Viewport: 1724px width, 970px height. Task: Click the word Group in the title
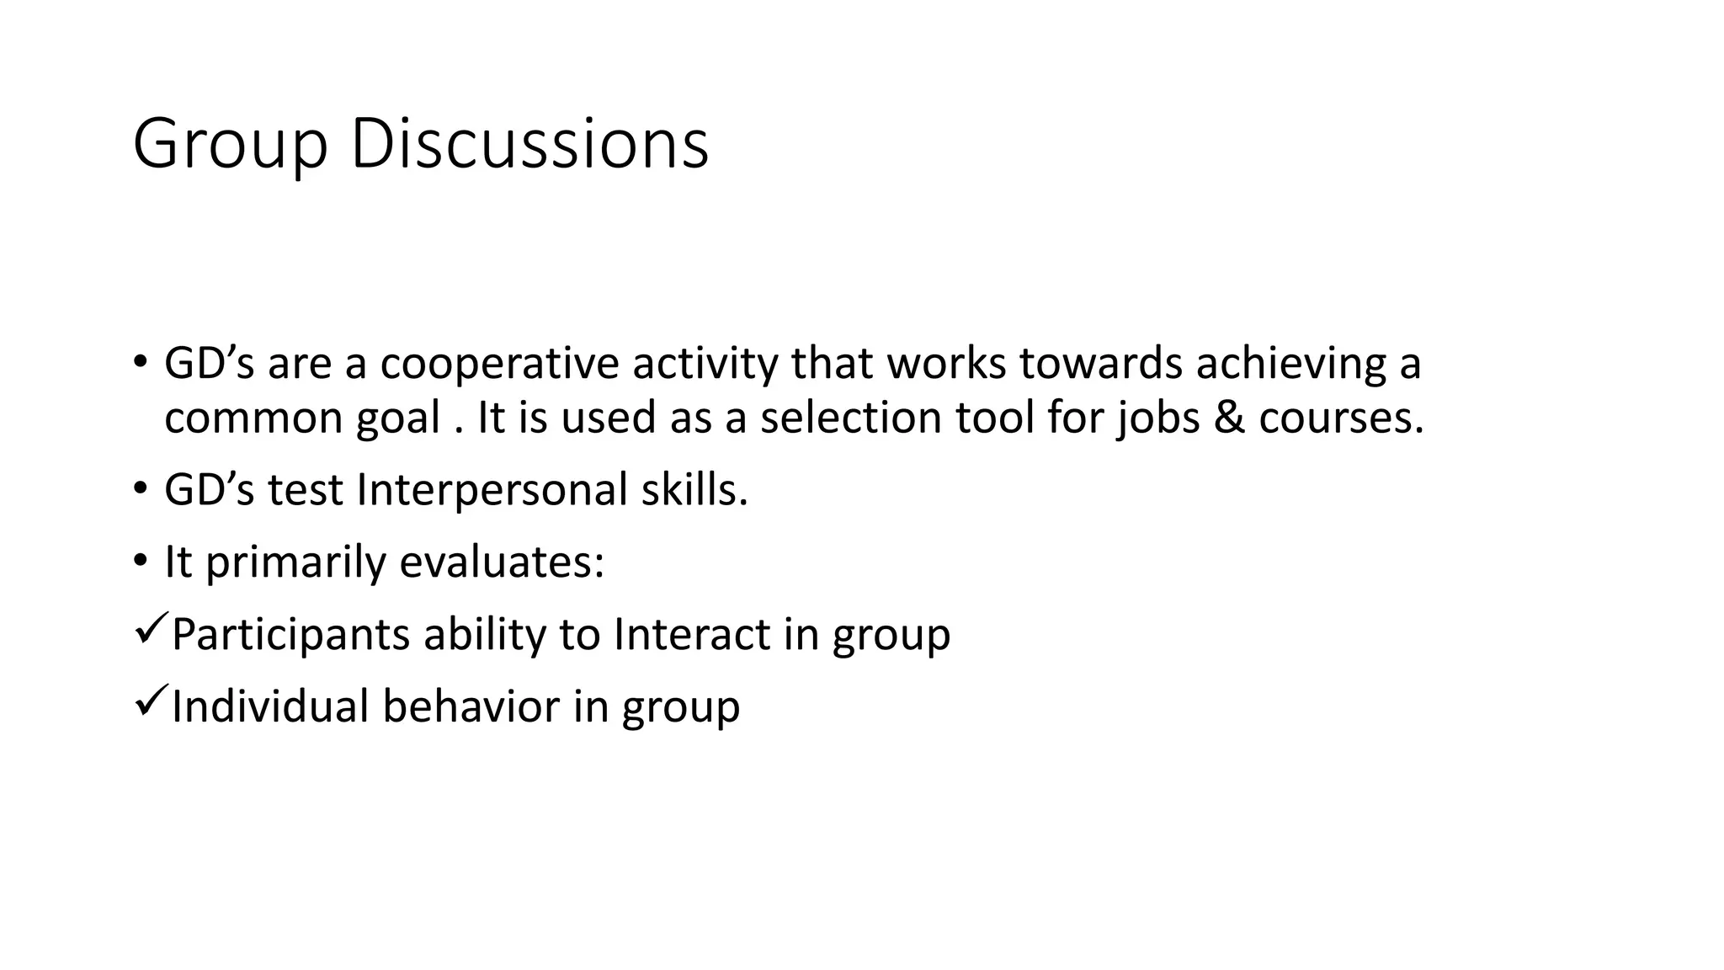(229, 146)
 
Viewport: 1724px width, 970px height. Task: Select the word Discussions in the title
(529, 144)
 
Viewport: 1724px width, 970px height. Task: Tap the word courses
(1340, 418)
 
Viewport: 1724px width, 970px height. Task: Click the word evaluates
(502, 562)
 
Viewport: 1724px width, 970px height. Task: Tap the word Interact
(691, 634)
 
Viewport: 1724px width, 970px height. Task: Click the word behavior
(471, 706)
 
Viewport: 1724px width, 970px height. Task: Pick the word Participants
(290, 634)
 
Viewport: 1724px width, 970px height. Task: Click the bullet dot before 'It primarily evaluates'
(140, 562)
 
